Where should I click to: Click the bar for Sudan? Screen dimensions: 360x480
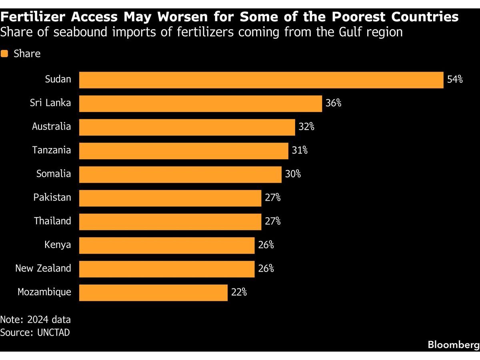[261, 80]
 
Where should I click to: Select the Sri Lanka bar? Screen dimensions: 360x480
[200, 104]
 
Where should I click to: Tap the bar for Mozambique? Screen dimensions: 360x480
[153, 292]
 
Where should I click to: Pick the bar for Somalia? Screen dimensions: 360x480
[180, 174]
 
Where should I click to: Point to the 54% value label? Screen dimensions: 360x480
[455, 80]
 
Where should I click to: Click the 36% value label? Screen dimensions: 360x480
[333, 103]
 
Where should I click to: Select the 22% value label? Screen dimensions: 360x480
[239, 292]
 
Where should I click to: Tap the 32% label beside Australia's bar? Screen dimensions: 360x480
[306, 127]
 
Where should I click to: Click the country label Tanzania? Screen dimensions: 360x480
[52, 150]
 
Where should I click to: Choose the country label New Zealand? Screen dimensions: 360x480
[43, 268]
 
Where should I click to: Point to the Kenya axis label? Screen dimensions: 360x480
[58, 245]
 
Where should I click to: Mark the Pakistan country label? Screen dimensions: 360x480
[52, 198]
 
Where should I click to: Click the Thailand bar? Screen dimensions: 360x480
[170, 222]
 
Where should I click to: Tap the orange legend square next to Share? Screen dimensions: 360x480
[4, 54]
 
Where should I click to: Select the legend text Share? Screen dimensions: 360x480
[27, 54]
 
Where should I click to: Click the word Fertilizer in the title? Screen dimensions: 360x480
[34, 17]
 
